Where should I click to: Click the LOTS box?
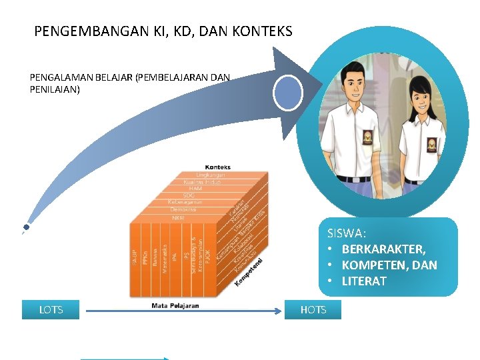coord(51,310)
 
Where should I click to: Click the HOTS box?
coord(313,310)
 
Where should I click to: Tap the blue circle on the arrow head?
coord(289,93)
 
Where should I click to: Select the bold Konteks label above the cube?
coord(217,167)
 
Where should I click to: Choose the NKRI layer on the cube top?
coord(178,218)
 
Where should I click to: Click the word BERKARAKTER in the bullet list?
coord(383,249)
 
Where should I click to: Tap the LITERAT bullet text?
coord(364,281)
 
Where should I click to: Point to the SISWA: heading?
coord(346,233)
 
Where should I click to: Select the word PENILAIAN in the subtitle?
coord(55,88)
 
